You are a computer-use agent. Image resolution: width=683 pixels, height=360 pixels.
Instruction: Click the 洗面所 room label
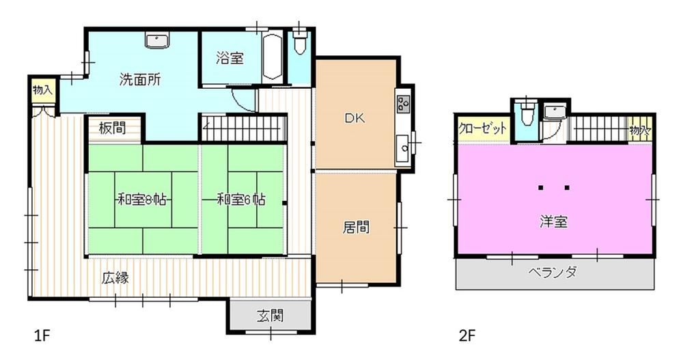(140, 80)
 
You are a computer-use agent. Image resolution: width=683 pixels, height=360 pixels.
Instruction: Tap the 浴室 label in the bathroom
(230, 58)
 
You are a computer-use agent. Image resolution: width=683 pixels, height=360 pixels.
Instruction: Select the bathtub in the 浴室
(273, 57)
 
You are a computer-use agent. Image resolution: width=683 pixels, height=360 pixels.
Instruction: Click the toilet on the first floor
(300, 42)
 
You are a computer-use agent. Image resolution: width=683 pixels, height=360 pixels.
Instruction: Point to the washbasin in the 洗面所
(156, 42)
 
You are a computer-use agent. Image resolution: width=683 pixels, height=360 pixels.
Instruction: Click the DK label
(355, 117)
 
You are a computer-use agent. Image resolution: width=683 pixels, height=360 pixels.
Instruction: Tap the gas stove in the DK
(403, 103)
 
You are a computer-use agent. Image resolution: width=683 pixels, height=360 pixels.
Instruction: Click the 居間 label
(356, 227)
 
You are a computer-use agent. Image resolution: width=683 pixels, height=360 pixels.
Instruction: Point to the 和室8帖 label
(142, 200)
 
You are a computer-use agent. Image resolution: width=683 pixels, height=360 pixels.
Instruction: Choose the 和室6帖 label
(241, 200)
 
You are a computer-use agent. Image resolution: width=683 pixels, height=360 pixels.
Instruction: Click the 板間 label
(112, 128)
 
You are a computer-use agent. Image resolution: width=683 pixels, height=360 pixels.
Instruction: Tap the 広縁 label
(115, 277)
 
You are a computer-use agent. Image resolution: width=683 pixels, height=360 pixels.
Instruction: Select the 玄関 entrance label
(270, 315)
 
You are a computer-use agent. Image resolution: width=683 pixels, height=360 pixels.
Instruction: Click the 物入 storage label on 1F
(42, 90)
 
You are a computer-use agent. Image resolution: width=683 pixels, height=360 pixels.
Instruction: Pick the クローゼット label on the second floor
(483, 128)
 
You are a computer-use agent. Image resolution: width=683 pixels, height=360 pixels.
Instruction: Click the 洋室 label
(554, 222)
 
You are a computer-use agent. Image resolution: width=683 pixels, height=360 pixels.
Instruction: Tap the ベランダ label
(553, 273)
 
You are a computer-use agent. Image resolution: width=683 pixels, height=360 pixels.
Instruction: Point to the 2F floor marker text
(467, 336)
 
